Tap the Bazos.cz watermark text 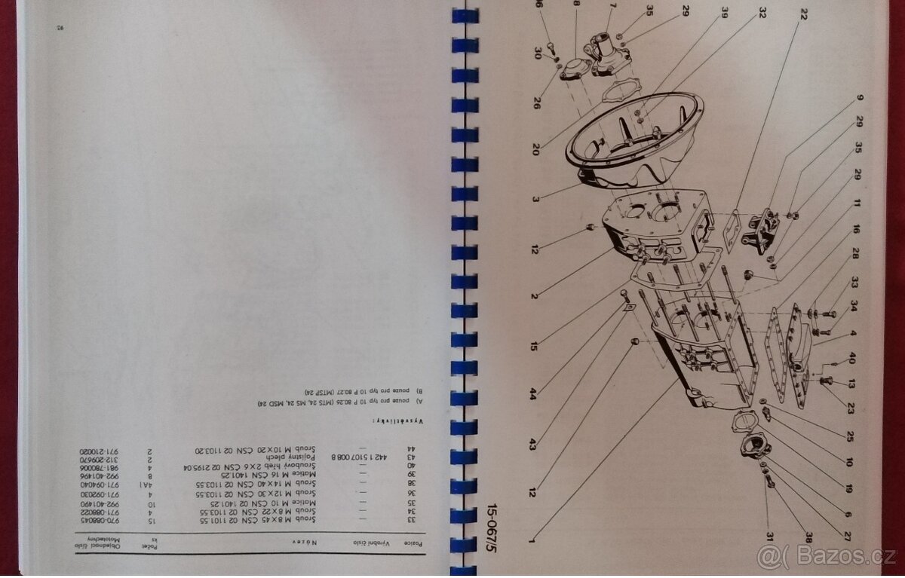(830, 558)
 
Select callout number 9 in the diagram (860, 99)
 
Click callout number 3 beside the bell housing (535, 200)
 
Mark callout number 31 (768, 536)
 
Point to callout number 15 (534, 347)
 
